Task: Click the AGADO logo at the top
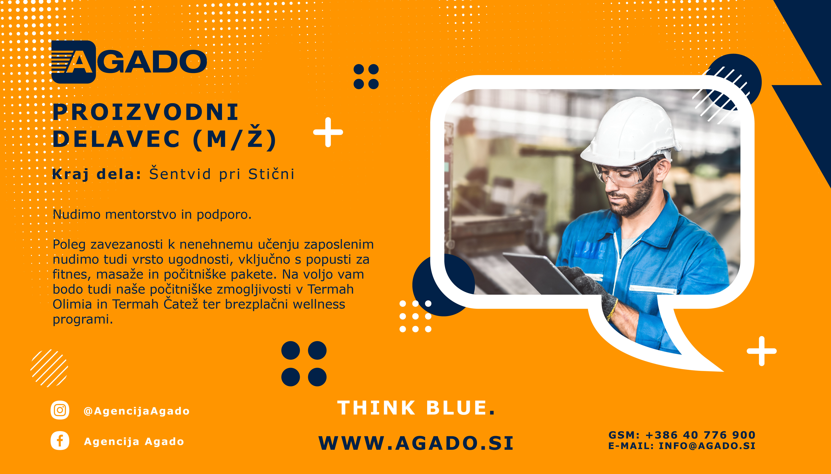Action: (129, 62)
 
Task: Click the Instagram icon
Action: (60, 410)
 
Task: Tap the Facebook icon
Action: (60, 441)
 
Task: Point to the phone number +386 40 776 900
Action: (700, 435)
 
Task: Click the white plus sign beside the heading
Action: (328, 132)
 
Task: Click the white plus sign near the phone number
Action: (761, 351)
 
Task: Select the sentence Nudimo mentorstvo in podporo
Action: (152, 215)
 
